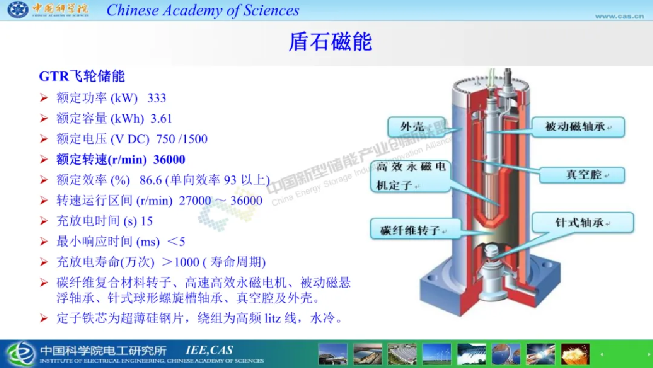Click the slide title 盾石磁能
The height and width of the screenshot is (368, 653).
(330, 42)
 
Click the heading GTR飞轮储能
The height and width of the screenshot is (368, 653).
(82, 76)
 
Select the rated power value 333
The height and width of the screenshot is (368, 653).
(157, 98)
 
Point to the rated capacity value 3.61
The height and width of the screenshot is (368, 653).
(161, 119)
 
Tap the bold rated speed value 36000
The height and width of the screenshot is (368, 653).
(169, 160)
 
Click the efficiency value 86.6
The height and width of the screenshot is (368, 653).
(151, 180)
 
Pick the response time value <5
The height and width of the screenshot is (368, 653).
(176, 242)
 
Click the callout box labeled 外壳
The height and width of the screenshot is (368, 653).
(416, 127)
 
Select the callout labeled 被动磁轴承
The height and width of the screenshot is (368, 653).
(579, 127)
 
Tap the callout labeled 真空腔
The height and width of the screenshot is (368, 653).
(582, 175)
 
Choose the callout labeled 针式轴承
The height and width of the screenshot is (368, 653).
(583, 223)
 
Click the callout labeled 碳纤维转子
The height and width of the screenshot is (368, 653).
(416, 230)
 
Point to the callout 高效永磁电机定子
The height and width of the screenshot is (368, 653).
(411, 176)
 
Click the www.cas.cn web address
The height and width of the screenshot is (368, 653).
(620, 16)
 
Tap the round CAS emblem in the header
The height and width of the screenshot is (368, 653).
(18, 9)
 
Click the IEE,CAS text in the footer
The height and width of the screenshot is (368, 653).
(209, 350)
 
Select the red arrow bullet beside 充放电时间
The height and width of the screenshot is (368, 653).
(44, 221)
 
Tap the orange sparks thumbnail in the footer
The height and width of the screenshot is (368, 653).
(575, 354)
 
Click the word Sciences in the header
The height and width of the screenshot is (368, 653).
(271, 10)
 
